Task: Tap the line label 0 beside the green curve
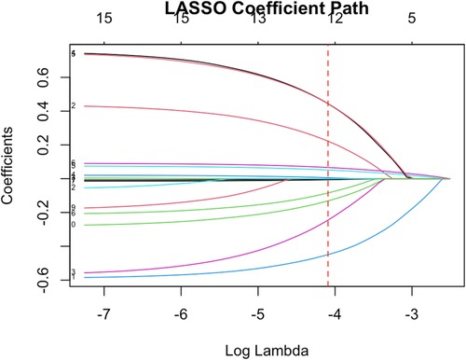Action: point(73,225)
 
